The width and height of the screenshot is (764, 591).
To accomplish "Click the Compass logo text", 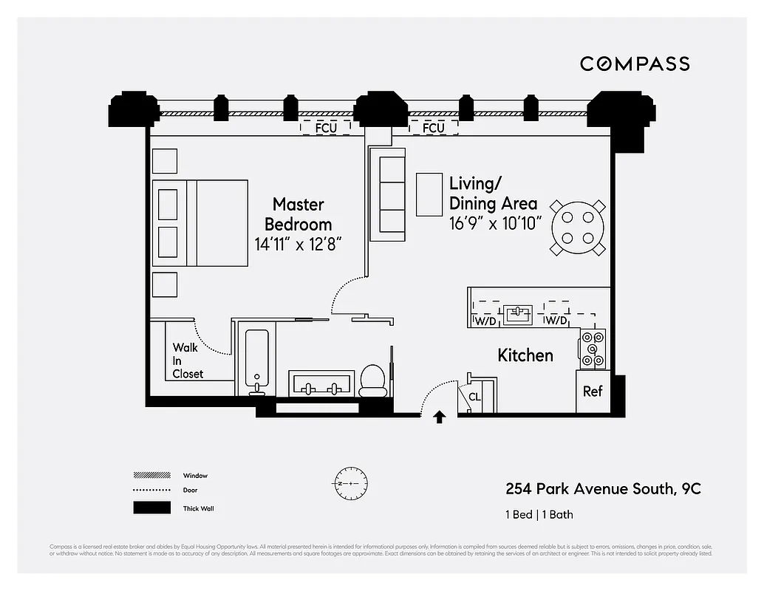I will [x=635, y=64].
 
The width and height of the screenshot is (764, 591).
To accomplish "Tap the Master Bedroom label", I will [x=298, y=213].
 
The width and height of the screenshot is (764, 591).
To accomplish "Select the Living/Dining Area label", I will [x=493, y=193].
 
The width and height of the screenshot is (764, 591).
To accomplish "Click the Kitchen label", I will [x=525, y=355].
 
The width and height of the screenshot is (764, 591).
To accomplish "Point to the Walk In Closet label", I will [x=188, y=361].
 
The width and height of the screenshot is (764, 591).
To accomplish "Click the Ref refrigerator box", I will [x=593, y=392].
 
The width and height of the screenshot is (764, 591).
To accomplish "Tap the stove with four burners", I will [x=593, y=349].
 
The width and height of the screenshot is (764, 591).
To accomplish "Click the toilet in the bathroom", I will [x=372, y=380].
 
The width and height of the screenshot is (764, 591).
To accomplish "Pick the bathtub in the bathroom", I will [x=256, y=360].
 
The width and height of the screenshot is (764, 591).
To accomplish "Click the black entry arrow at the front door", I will [x=440, y=417].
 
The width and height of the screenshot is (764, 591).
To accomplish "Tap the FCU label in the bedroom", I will [x=326, y=127].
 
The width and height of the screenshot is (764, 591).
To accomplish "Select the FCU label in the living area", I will [x=433, y=128].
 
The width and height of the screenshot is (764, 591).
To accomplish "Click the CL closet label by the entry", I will [x=474, y=397].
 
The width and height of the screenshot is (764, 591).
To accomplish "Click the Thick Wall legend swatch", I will [x=151, y=508].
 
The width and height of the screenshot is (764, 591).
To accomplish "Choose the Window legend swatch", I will [x=151, y=475].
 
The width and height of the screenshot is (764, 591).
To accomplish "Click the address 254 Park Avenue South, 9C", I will [x=603, y=489].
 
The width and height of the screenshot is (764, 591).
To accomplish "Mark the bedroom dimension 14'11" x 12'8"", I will [x=298, y=245].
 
